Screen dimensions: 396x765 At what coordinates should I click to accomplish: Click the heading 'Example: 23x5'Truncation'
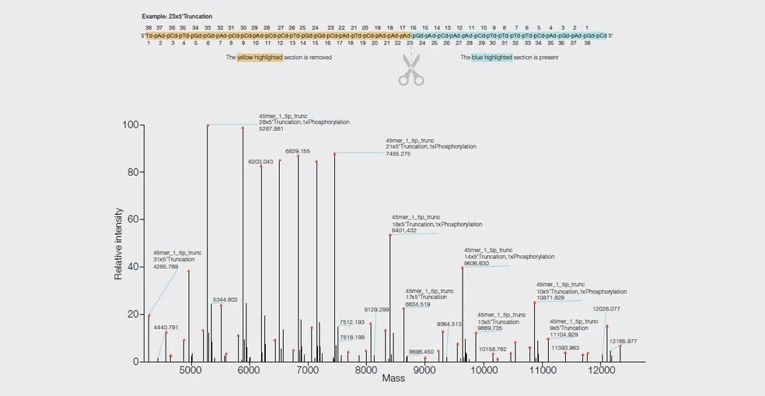(176, 16)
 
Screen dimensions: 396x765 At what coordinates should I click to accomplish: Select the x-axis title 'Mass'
(393, 380)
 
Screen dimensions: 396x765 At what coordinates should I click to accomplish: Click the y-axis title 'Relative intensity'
(119, 244)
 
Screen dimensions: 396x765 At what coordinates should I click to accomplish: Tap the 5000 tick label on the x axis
(190, 371)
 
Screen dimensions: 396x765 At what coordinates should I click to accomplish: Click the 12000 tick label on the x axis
(601, 371)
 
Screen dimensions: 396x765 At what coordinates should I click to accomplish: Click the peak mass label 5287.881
(271, 129)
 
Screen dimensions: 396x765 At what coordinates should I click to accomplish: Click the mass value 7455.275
(398, 154)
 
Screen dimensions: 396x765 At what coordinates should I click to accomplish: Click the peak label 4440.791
(166, 328)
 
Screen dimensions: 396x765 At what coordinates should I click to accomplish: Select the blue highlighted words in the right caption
(492, 58)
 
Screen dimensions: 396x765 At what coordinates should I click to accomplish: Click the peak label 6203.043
(260, 162)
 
